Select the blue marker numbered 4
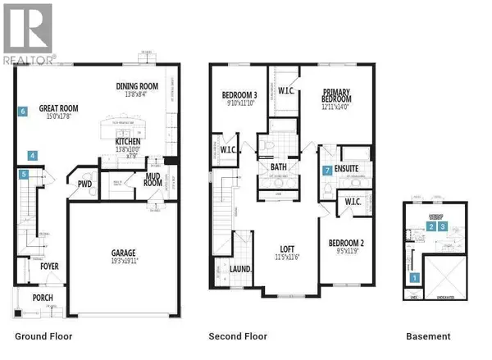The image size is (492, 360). (x=32, y=155)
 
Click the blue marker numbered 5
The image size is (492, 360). (x=25, y=174)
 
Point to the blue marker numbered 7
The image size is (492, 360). (x=327, y=171)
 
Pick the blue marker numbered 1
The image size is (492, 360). (x=414, y=277)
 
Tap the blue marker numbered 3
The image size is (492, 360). (x=443, y=226)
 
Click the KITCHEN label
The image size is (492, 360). (x=132, y=140)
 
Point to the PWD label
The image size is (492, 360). (x=84, y=185)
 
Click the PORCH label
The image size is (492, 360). (x=43, y=297)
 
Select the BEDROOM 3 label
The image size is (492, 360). (x=240, y=96)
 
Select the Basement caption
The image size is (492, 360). (x=428, y=336)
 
